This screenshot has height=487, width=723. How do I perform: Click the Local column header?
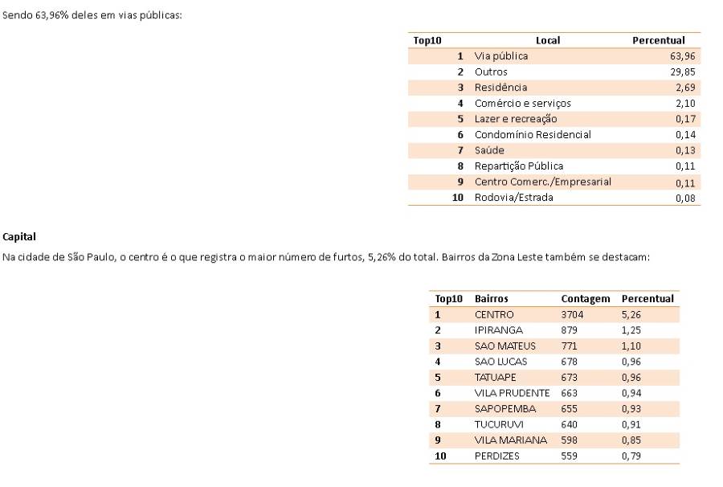[x=548, y=40]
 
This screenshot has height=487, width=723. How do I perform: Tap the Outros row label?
[x=491, y=72]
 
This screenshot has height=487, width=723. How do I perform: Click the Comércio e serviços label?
[x=522, y=103]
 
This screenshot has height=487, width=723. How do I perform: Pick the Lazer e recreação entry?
[x=516, y=119]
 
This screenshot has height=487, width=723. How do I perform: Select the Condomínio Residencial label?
[x=533, y=134]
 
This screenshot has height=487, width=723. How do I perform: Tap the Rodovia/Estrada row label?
[x=513, y=197]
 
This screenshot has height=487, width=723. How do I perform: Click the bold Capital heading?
[x=19, y=237]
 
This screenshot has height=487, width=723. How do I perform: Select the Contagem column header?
[x=586, y=299]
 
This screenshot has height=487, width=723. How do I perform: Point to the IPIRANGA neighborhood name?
[x=499, y=330]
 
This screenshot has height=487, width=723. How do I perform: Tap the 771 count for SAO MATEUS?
[x=569, y=346]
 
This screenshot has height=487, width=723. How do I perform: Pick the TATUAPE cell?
[x=496, y=378]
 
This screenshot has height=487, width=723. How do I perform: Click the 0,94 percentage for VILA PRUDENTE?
[x=631, y=393]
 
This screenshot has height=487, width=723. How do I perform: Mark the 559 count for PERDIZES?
[x=569, y=456]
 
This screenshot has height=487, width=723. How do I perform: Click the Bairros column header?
[x=492, y=299]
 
